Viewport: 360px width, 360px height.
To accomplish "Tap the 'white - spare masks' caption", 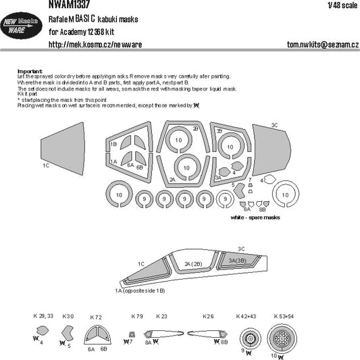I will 255,220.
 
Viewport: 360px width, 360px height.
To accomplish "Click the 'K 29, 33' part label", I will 42,316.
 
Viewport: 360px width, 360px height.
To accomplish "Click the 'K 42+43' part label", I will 247,316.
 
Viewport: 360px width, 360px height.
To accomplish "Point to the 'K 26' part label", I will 208,316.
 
